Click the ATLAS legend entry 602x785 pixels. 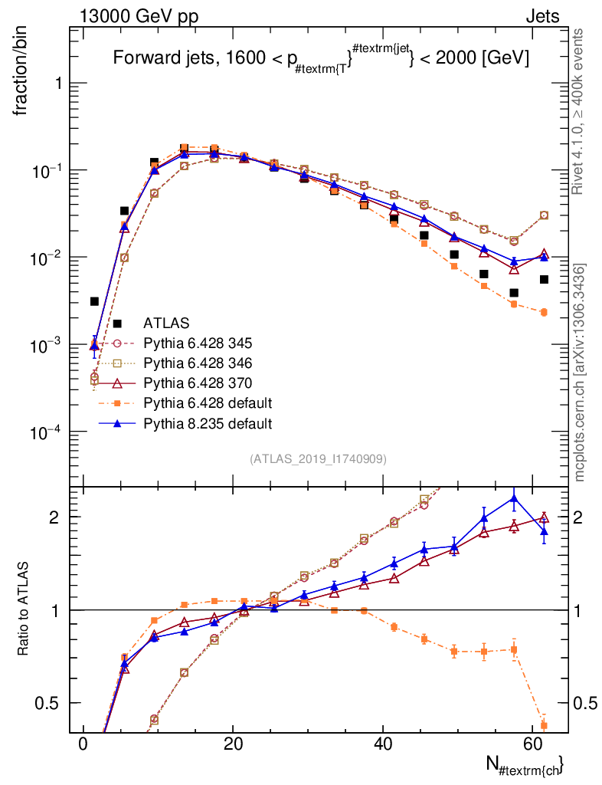coord(166,323)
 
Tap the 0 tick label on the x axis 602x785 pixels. coord(83,745)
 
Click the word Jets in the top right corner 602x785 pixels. coord(541,16)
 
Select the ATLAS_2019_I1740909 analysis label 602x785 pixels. coord(318,459)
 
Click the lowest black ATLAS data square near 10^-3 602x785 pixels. coord(94,301)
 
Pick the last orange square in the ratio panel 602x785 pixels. coord(544,724)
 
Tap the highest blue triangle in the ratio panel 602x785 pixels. coord(514,499)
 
